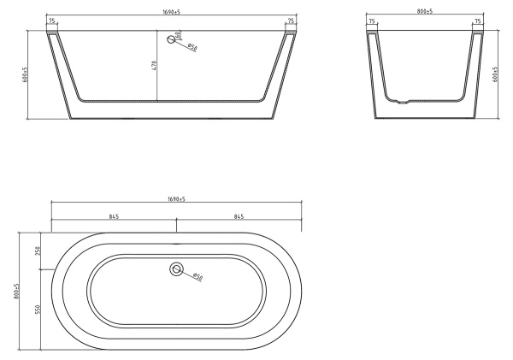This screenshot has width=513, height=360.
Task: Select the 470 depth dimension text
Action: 155,65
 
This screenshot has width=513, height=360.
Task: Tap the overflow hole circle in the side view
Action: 171,38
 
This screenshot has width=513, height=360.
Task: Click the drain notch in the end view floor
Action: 404,100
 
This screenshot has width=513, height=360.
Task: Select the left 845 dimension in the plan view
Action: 113,216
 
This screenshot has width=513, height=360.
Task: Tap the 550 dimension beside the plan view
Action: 38,308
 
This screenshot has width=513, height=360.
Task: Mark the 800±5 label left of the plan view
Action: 16,291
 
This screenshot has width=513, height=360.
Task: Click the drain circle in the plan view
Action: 176,269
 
